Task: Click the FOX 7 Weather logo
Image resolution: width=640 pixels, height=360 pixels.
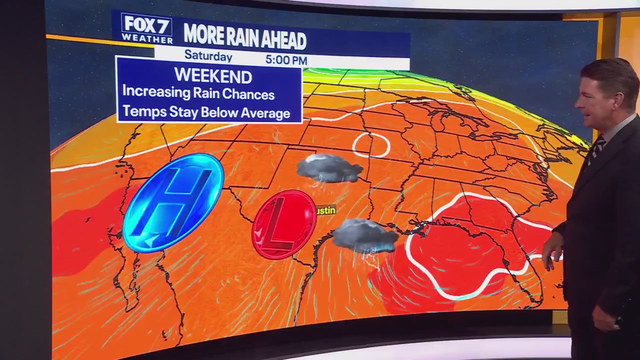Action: (x=146, y=28)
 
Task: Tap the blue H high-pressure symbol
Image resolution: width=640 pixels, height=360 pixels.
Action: (x=173, y=202)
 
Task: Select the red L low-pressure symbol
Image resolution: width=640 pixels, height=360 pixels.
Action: (x=284, y=224)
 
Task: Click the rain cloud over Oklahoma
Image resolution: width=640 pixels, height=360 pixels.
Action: (x=329, y=168)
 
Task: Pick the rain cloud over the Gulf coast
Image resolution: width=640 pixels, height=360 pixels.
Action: (x=364, y=235)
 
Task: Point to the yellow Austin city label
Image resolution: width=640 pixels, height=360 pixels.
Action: (x=326, y=210)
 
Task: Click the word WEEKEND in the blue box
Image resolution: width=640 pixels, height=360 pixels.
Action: (x=213, y=76)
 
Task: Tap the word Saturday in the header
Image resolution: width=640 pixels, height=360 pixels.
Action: (x=208, y=55)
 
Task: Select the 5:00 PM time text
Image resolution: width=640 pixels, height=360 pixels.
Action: (x=286, y=60)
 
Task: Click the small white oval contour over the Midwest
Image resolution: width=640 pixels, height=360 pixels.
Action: (x=371, y=144)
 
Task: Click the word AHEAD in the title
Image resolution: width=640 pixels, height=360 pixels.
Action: (x=286, y=39)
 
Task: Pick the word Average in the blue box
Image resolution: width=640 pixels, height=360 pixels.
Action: (x=265, y=113)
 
